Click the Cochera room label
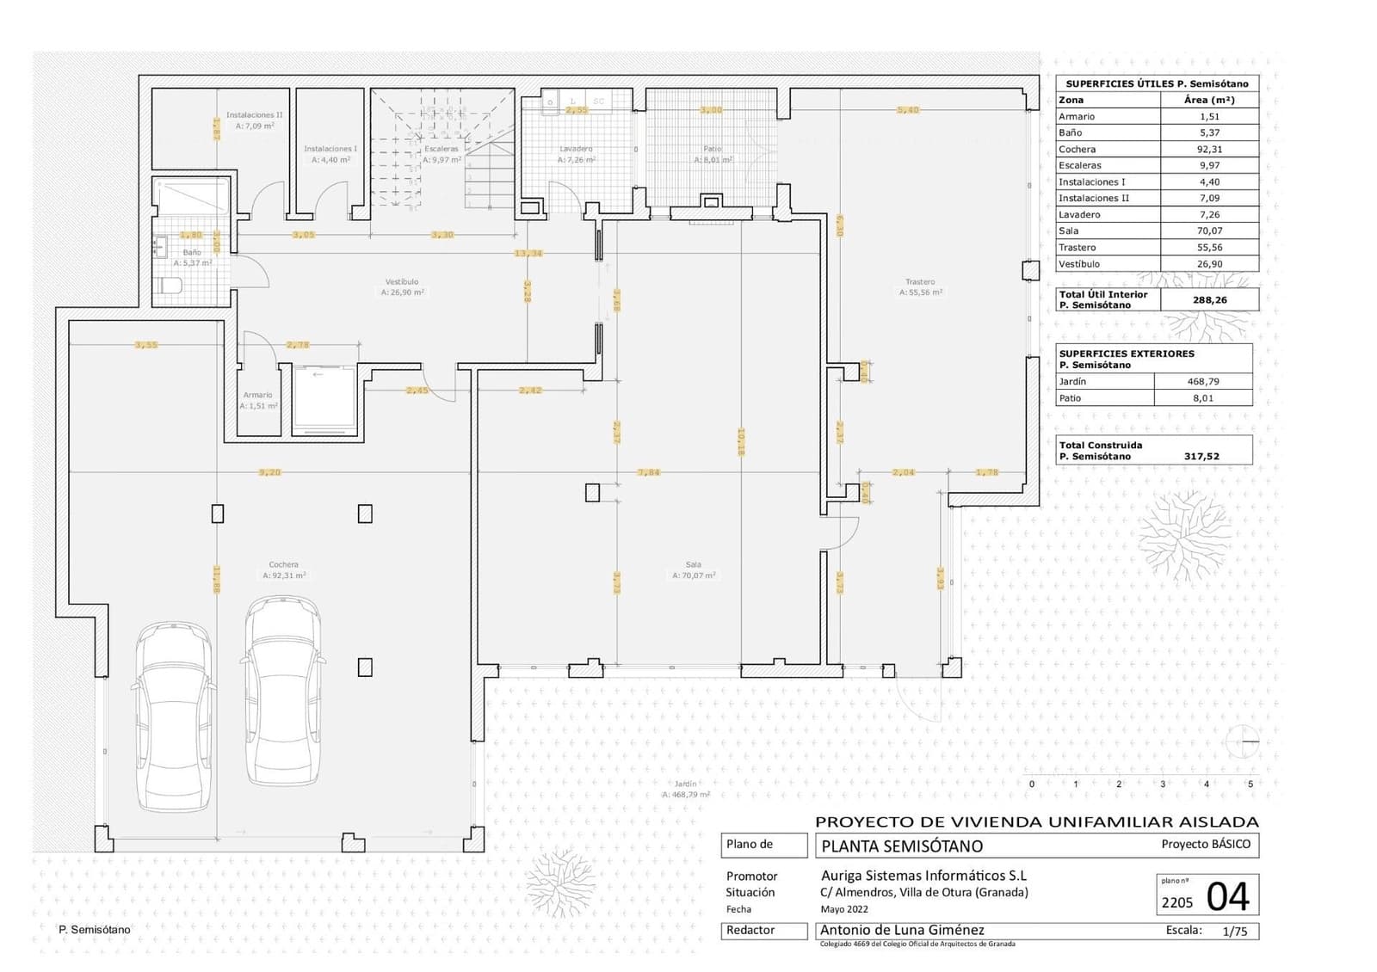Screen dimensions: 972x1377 [283, 565]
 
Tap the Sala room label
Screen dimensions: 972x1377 [694, 565]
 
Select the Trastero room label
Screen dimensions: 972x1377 [920, 282]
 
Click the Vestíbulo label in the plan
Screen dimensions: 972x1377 [402, 282]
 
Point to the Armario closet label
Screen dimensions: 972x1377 [257, 396]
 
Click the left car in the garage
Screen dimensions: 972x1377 [173, 717]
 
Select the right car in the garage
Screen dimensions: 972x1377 [283, 691]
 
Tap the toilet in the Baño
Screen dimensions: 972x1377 [168, 286]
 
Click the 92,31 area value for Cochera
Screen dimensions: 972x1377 [1209, 150]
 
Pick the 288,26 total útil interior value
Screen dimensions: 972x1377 [1209, 300]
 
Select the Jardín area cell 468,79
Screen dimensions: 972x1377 [1203, 382]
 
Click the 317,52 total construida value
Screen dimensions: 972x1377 [1201, 457]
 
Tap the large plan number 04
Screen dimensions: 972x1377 [1227, 897]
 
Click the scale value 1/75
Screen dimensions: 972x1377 [1234, 932]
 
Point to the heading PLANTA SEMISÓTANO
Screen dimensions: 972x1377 [902, 846]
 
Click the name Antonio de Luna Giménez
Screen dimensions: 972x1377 [902, 931]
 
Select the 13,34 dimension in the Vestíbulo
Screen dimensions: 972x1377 [528, 254]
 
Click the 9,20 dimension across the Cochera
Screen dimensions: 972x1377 [269, 472]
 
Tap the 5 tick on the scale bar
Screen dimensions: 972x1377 [1250, 784]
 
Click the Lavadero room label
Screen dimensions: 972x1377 [576, 150]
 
